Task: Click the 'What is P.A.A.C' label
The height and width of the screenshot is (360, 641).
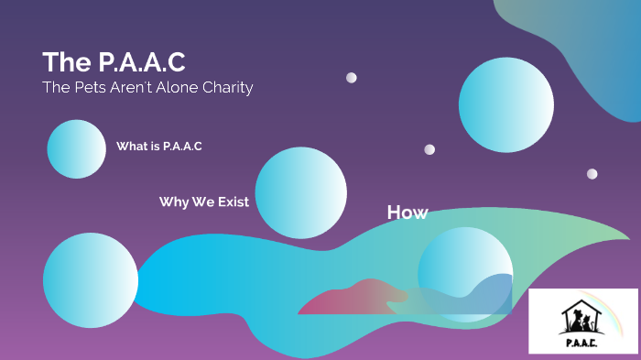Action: pos(158,147)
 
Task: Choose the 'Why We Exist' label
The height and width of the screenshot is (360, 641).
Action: pos(203,202)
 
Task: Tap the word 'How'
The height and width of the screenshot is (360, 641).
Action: pos(407,213)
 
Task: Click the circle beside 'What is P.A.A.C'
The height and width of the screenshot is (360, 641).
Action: pos(77,148)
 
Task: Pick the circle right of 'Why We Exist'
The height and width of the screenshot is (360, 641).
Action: pos(300,192)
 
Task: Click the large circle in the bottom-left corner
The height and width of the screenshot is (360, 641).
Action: pos(90,279)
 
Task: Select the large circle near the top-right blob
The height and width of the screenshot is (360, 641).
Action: pos(505,104)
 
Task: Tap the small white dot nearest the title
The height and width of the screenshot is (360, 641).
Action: pos(352,78)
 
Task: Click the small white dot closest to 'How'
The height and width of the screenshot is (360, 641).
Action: pos(429,149)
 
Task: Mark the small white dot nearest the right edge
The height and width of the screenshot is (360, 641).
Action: pos(592,174)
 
